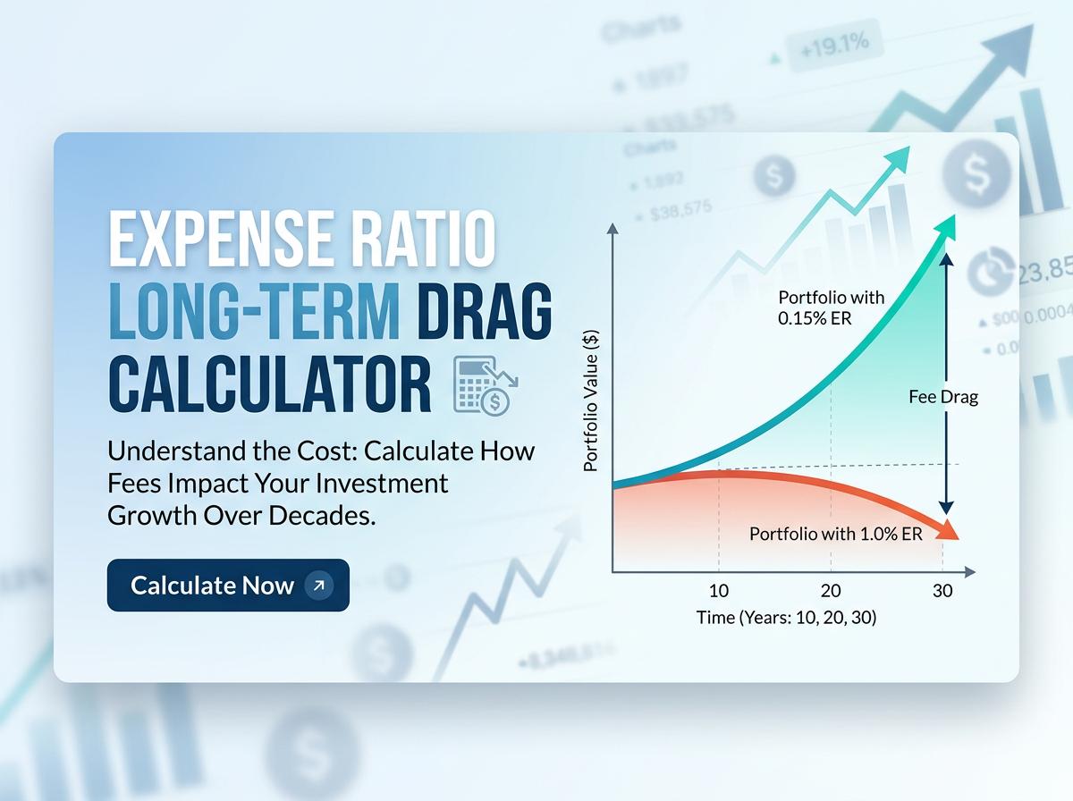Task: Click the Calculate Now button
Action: [x=228, y=586]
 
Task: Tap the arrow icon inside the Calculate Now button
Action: [x=318, y=586]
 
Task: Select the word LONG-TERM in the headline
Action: [x=254, y=313]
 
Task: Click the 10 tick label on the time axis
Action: [x=719, y=591]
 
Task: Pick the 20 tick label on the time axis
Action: [x=831, y=591]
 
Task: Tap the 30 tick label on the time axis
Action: [x=942, y=591]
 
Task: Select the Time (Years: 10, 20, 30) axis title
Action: [x=786, y=617]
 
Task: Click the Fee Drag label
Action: [x=943, y=397]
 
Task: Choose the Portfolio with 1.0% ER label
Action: [x=835, y=534]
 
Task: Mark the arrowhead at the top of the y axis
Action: [x=613, y=229]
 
